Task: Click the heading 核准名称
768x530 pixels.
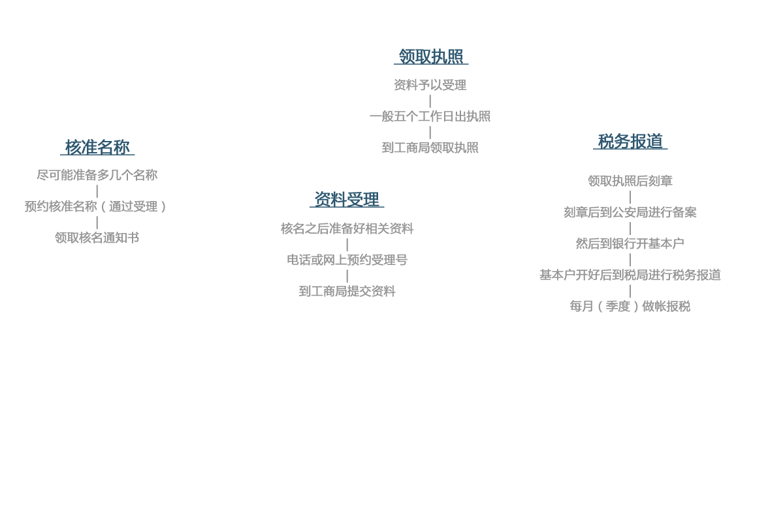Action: (x=97, y=147)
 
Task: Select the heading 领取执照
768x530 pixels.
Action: (x=431, y=56)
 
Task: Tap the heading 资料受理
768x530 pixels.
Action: (x=347, y=199)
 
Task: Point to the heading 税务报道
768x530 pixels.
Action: (x=630, y=142)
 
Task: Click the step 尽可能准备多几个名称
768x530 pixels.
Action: (x=97, y=175)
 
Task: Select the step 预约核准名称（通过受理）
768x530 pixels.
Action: (x=95, y=206)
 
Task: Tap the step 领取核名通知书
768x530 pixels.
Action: (x=97, y=238)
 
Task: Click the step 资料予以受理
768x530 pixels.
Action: (x=430, y=85)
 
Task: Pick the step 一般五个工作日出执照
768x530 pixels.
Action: (x=430, y=116)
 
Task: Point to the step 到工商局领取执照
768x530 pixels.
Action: (x=430, y=148)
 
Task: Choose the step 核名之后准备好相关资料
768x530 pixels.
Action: (x=347, y=228)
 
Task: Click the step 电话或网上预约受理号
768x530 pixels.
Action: (x=347, y=260)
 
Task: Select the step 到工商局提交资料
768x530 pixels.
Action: (x=347, y=291)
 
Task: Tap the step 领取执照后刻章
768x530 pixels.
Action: (x=630, y=181)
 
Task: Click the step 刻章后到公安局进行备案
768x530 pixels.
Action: (x=630, y=212)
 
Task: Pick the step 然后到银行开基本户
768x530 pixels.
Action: (x=630, y=243)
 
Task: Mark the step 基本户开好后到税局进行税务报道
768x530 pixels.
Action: (x=630, y=275)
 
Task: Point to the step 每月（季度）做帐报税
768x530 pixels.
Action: (x=630, y=306)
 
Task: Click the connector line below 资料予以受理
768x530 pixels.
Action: (x=430, y=101)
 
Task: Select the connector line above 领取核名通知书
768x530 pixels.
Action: (x=97, y=222)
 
